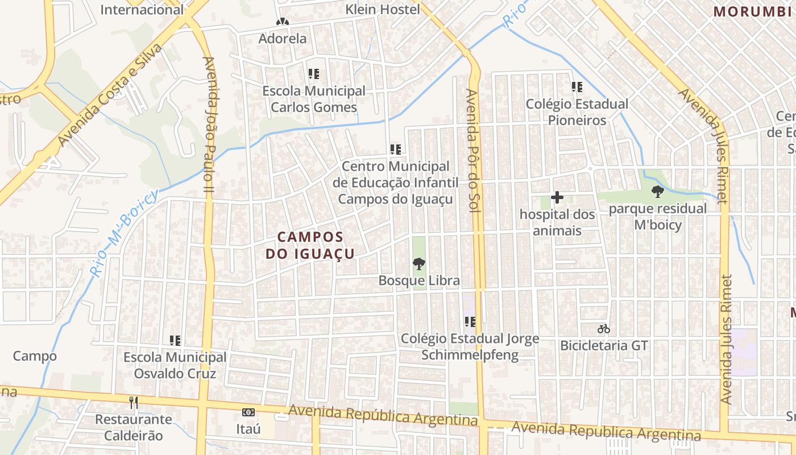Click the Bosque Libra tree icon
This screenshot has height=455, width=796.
coord(419,263)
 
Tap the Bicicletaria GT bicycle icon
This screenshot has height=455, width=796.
coord(604,329)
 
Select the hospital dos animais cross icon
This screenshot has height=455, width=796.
coord(557,197)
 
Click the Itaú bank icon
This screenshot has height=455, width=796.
coord(248,412)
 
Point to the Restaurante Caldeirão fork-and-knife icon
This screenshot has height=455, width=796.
coord(134,403)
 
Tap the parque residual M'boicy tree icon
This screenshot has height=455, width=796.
coord(658,191)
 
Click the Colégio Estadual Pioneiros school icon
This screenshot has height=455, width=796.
coord(577,87)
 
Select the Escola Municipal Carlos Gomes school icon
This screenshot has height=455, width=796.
coord(313,74)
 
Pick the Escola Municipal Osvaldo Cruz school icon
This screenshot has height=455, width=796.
coord(175,341)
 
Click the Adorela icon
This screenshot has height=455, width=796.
coord(283,22)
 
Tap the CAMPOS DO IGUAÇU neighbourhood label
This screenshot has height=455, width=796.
coord(310,245)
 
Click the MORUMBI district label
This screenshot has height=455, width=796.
coord(752,11)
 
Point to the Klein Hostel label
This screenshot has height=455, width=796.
coord(383,10)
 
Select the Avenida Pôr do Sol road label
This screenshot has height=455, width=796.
coord(473,150)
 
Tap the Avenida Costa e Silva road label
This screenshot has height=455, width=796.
coord(110,95)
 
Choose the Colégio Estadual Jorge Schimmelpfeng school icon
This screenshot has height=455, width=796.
coord(470,322)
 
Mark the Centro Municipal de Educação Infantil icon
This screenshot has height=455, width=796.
coord(396,150)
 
